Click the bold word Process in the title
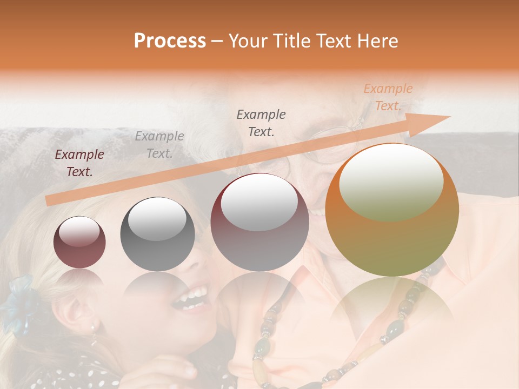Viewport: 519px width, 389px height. (170, 41)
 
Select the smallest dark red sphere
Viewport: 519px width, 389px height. (79, 243)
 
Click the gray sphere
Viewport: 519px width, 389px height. (157, 234)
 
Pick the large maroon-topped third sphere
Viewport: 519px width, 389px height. (259, 222)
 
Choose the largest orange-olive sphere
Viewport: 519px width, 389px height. (392, 210)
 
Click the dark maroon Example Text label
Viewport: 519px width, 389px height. (79, 163)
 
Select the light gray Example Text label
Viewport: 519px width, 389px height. (159, 145)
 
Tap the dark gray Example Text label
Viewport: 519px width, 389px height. (261, 123)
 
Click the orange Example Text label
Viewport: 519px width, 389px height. (388, 97)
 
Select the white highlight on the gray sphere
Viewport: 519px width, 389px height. (157, 219)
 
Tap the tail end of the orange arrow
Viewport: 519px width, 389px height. (50, 200)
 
